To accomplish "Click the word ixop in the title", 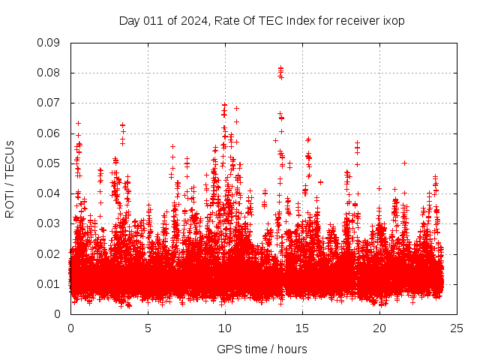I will coord(394,21).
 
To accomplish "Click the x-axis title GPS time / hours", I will coord(262,349).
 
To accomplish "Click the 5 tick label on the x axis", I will coord(148,328).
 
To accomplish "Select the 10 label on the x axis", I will coord(225,328).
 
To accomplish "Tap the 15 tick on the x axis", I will coord(302,328).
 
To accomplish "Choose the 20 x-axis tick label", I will coord(379,328).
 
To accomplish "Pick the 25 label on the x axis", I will coord(457,328).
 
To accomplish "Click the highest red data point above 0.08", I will coord(280,68).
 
